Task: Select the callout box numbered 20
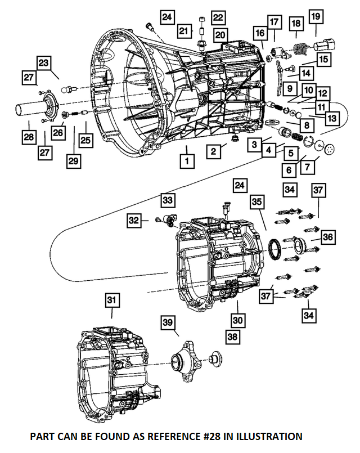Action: point(220,35)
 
